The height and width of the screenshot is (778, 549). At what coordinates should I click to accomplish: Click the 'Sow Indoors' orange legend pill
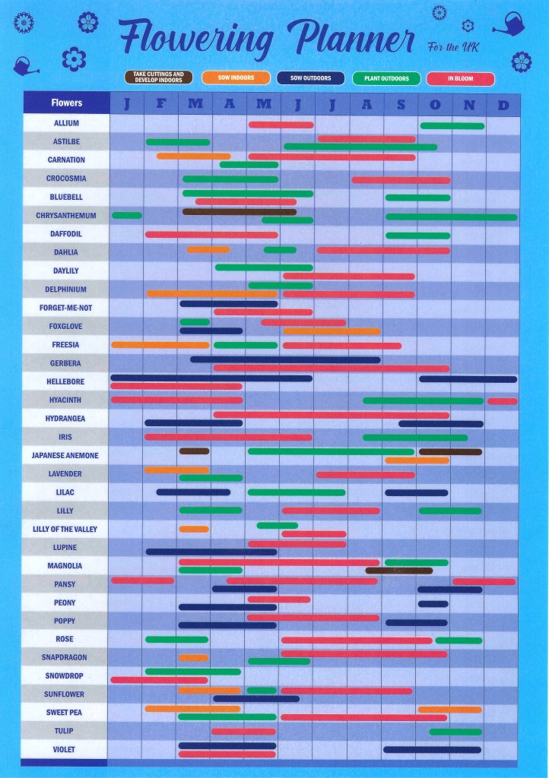pos(236,77)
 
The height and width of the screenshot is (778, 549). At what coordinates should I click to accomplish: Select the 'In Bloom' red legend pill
pos(461,78)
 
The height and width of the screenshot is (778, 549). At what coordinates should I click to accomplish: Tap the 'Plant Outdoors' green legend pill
pos(386,78)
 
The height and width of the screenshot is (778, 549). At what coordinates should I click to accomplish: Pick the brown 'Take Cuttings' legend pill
pos(158,77)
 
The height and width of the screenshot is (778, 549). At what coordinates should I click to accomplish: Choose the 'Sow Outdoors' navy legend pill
pos(311,77)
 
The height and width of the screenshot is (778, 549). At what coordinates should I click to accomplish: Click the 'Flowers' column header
pos(66,103)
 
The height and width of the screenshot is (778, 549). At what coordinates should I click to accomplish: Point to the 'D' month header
pos(503,105)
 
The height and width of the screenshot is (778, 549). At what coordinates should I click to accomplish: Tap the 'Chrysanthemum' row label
pos(66,216)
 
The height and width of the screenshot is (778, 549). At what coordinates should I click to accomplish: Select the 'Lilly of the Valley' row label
pos(66,529)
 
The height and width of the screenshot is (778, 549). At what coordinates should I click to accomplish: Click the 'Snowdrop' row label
pos(66,675)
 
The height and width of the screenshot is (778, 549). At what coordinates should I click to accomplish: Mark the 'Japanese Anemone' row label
pos(66,455)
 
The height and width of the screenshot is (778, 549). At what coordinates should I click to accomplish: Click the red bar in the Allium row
pos(281,125)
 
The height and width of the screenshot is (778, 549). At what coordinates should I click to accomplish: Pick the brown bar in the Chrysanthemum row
pos(239,211)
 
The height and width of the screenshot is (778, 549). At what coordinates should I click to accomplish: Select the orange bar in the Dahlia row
pos(208,249)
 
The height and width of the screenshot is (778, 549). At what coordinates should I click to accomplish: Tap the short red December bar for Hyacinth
pos(502,401)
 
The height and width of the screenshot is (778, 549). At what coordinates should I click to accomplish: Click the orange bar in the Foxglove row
pos(332,331)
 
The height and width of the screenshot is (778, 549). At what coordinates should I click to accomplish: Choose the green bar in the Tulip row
pos(455,732)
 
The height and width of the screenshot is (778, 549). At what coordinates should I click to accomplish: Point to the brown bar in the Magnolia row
pos(398,571)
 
